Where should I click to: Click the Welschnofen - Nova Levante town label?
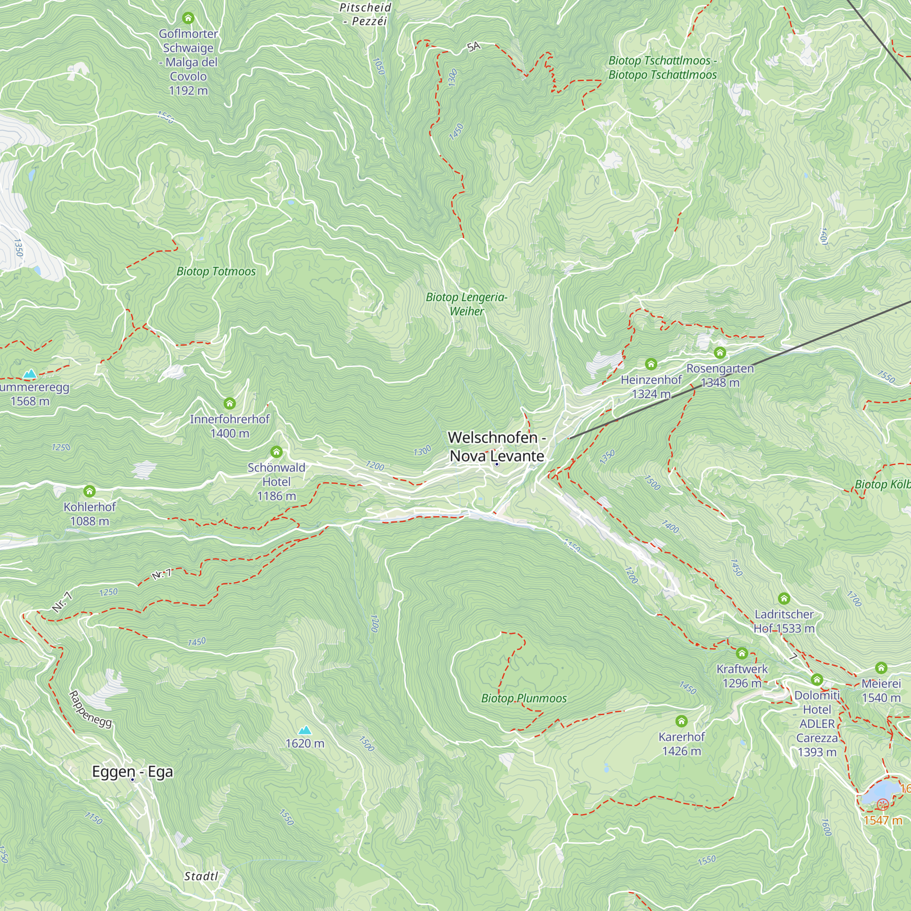click(497, 446)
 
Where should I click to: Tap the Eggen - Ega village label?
click(133, 772)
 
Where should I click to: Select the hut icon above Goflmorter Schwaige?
click(188, 18)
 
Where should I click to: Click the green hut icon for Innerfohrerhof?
click(230, 403)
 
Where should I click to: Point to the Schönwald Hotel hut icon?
click(276, 452)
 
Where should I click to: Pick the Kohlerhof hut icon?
click(90, 491)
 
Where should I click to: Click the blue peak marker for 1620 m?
click(305, 731)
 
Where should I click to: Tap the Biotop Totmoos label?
click(216, 271)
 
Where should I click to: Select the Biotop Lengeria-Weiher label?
click(466, 304)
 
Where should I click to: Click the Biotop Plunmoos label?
click(524, 698)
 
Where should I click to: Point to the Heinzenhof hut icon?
click(651, 363)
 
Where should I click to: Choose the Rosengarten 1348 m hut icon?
click(720, 352)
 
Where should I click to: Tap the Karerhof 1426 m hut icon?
click(681, 721)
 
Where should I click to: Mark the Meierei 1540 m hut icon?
click(881, 668)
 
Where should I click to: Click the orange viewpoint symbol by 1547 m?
click(883, 804)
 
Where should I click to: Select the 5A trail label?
click(474, 46)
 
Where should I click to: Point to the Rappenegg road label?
click(90, 709)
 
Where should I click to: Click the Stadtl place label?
click(201, 876)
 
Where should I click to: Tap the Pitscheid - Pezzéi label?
click(365, 14)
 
